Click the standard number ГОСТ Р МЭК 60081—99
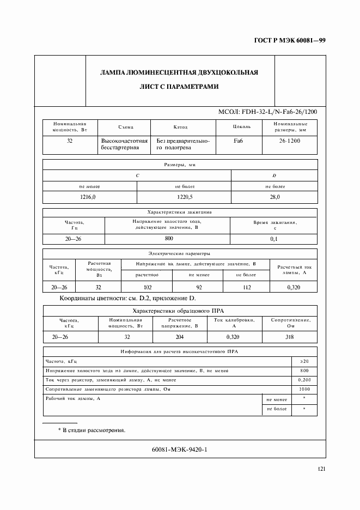pyautogui.click(x=294, y=40)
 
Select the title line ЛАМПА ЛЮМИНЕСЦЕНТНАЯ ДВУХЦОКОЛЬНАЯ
pyautogui.click(x=179, y=72)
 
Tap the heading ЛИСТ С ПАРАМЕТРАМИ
pyautogui.click(x=179, y=87)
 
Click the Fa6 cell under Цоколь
pyautogui.click(x=238, y=141)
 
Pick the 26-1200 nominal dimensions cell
pyautogui.click(x=290, y=141)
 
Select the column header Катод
pyautogui.click(x=180, y=127)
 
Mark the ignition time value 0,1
pyautogui.click(x=274, y=239)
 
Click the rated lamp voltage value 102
pyautogui.click(x=147, y=287)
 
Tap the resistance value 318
pyautogui.click(x=290, y=337)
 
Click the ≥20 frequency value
pyautogui.click(x=304, y=361)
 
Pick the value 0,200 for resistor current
pyautogui.click(x=304, y=380)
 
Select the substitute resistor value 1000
pyautogui.click(x=304, y=389)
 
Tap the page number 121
pyautogui.click(x=321, y=470)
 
